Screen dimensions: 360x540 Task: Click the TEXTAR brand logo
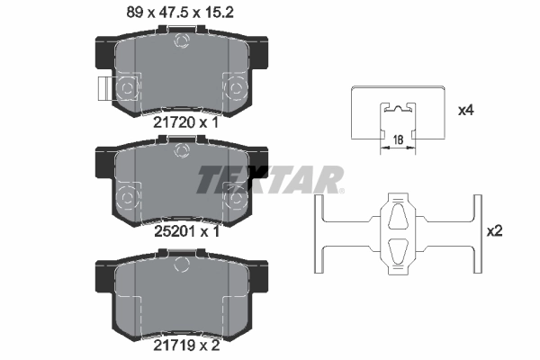point(267,179)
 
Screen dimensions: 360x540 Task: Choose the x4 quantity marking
point(465,111)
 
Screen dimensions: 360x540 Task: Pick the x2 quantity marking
point(494,230)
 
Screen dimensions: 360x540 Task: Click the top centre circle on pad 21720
point(184,40)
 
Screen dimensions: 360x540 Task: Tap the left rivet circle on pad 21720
point(127,87)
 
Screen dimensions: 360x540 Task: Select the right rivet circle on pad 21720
point(238,87)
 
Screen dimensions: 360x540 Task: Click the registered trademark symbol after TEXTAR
point(340,189)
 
